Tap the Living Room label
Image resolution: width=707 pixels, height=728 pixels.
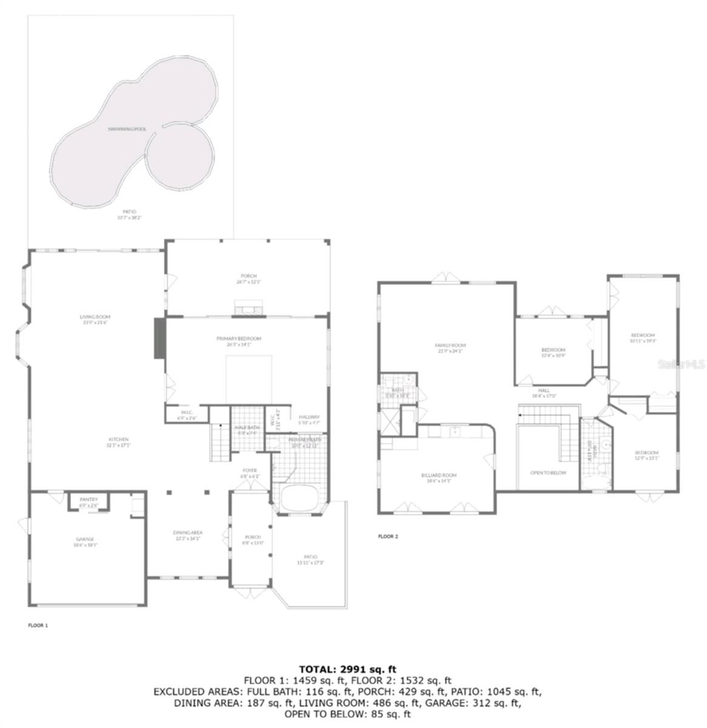click(95, 317)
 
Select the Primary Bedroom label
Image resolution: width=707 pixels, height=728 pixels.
click(239, 339)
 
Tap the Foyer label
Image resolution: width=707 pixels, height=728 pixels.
click(249, 470)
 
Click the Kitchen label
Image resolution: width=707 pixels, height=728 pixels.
click(119, 439)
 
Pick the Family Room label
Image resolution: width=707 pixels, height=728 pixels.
click(450, 346)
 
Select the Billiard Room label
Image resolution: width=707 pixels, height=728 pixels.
click(439, 475)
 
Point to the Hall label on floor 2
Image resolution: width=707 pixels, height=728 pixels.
click(544, 390)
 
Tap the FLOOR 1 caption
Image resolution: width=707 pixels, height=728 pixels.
click(38, 625)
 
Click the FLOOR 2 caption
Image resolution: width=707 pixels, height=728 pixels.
click(387, 536)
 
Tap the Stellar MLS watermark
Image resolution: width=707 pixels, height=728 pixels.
click(684, 365)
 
